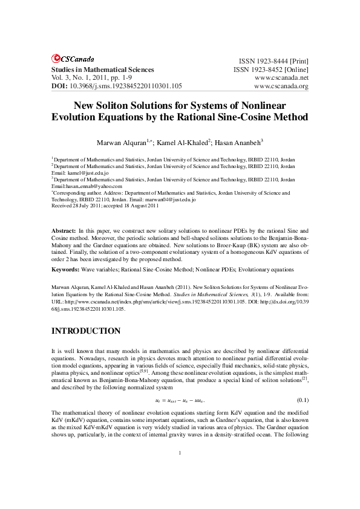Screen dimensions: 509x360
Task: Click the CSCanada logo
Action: (x=73, y=59)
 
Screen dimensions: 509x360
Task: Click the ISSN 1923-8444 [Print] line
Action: (x=274, y=62)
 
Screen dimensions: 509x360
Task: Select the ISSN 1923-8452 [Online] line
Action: (x=271, y=70)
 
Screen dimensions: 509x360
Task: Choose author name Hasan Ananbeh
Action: (x=240, y=143)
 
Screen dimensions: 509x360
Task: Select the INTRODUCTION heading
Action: (x=85, y=331)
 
